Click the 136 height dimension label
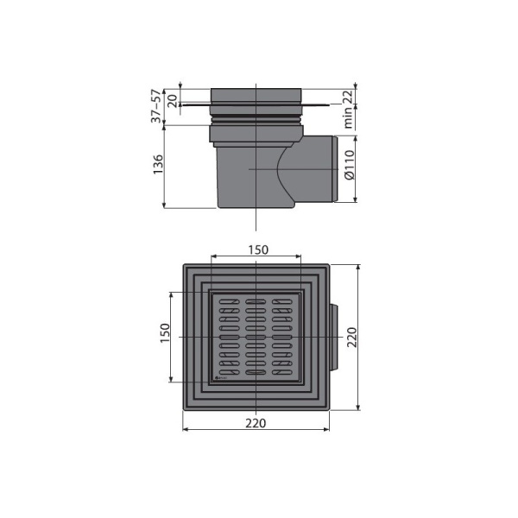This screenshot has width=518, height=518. tap(158, 164)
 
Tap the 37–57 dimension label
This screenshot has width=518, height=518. tap(156, 105)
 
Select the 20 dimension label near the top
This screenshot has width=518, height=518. tap(172, 101)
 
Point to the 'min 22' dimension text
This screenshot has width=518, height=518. tap(348, 109)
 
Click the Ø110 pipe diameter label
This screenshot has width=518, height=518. tap(350, 165)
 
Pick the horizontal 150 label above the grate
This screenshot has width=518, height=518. tap(258, 250)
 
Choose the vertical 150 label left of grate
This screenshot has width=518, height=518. tap(165, 333)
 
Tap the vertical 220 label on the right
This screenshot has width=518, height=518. tap(352, 337)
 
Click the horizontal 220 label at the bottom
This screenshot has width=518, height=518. tap(256, 423)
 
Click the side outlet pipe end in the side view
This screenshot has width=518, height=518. tap(336, 169)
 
